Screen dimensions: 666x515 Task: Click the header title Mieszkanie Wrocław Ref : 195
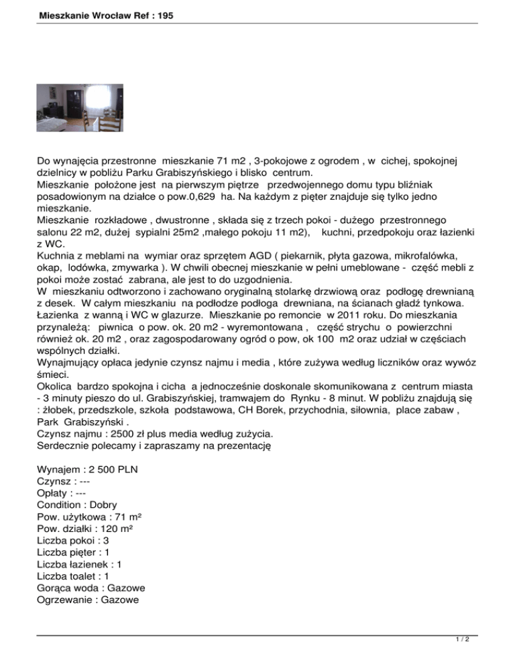click(x=97, y=13)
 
